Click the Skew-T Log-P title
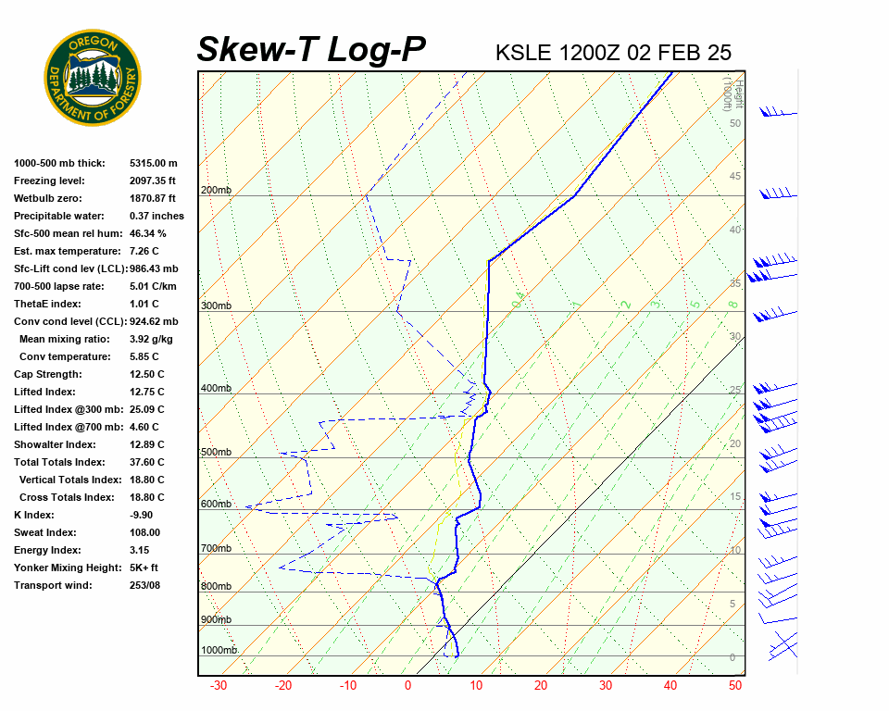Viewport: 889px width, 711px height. [x=311, y=49]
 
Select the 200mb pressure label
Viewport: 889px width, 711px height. [x=216, y=191]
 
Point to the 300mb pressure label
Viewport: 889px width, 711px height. [x=216, y=306]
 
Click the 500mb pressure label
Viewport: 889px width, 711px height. [x=216, y=452]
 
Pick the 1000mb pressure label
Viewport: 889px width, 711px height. [x=219, y=650]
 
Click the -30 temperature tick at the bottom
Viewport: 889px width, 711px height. [x=219, y=686]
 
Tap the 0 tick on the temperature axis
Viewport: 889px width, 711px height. [x=407, y=686]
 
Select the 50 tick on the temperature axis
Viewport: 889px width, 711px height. [x=735, y=686]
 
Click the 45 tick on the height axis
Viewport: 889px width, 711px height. [x=735, y=177]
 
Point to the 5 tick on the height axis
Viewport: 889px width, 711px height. [x=732, y=605]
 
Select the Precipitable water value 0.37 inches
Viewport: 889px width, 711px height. [x=157, y=216]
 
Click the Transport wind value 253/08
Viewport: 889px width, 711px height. [x=146, y=585]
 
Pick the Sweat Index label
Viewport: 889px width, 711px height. [x=44, y=532]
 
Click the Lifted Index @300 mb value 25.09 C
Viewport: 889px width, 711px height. [x=146, y=409]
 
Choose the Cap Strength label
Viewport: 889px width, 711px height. [x=48, y=374]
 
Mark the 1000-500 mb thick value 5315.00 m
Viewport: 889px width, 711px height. [x=153, y=163]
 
